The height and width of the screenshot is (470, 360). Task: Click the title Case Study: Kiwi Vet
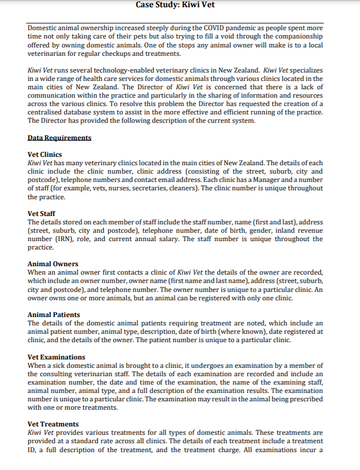point(179,5)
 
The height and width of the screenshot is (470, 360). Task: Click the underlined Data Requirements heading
point(59,137)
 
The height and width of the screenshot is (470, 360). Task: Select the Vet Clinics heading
point(45,154)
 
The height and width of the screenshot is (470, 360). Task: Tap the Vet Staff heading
point(41,213)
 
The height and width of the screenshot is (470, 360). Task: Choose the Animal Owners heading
point(53,263)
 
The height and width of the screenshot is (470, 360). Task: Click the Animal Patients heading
point(54,314)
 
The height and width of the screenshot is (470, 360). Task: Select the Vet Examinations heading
point(56,357)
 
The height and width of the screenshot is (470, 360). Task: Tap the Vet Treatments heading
point(53,424)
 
